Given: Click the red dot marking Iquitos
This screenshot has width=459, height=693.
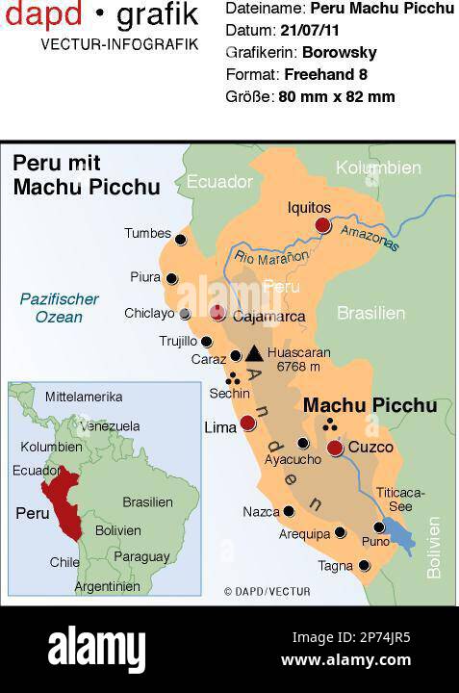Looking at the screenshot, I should (x=322, y=225).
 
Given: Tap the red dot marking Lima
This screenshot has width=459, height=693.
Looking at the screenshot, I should (x=247, y=423).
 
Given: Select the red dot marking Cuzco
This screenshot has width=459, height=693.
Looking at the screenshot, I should (x=335, y=448).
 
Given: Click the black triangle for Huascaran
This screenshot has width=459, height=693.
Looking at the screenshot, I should (x=253, y=353).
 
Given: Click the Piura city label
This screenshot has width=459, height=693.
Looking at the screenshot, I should (x=145, y=277).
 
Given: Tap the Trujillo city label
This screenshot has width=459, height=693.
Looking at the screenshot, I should (x=178, y=341).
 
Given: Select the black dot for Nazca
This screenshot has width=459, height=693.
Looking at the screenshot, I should (x=289, y=511).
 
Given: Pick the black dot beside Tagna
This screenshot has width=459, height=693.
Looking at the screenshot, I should (x=364, y=566).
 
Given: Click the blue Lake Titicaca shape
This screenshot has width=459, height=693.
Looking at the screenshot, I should (x=397, y=532).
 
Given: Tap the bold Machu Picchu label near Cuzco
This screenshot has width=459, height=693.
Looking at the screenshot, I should (x=370, y=406).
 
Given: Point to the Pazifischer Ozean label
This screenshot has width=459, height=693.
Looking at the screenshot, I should (x=60, y=307).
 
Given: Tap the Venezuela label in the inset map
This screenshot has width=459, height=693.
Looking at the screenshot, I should (x=109, y=425).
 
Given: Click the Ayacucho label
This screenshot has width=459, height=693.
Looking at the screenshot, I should (x=293, y=459).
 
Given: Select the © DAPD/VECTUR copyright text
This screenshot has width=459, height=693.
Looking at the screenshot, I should (x=267, y=591).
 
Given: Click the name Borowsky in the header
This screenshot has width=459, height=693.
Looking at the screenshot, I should (x=339, y=53).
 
